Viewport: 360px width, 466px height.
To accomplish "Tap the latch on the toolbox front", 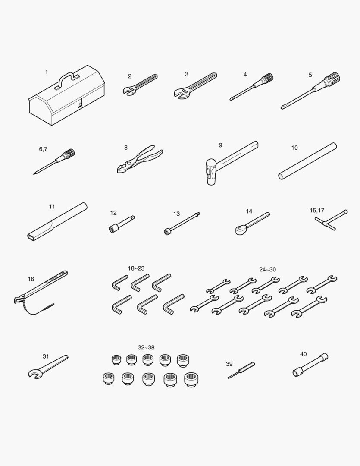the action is [80, 104].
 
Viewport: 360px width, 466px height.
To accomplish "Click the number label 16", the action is [31, 279].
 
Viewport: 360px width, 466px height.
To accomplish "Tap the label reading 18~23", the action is [136, 268].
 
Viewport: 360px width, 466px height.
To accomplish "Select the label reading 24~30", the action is [267, 270].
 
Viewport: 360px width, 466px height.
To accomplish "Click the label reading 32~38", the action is [146, 347].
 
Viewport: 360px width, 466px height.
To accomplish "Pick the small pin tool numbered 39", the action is [241, 370].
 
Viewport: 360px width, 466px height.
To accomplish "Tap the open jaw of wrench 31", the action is [34, 374].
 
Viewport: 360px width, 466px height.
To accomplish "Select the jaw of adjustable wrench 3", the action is [182, 94].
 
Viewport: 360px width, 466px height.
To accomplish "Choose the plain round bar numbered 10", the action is [307, 161].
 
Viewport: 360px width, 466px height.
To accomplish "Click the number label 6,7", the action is [43, 149].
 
